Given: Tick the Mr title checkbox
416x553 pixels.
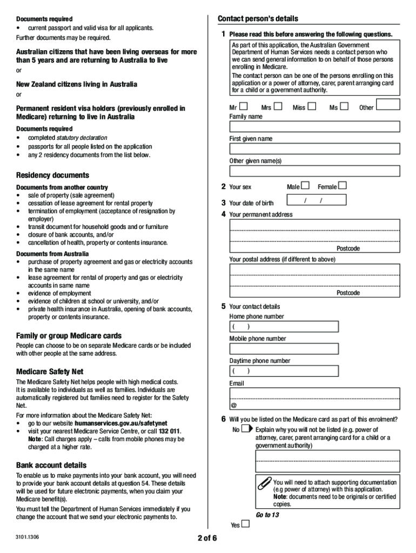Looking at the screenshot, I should click(x=244, y=106).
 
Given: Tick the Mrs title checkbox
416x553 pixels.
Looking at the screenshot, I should click(x=278, y=106).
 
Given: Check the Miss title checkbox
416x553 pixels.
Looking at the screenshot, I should click(x=312, y=106).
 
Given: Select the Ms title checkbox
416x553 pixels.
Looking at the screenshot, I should click(x=344, y=106).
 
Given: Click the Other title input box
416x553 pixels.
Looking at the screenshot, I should click(x=388, y=104).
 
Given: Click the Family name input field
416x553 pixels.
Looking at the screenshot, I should click(x=314, y=126).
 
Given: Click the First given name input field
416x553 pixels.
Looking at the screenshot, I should click(x=314, y=149).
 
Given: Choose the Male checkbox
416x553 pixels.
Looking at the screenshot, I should click(x=306, y=186).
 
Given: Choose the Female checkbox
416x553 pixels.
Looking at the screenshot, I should click(x=342, y=186).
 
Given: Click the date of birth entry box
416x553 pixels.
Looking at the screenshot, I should click(x=316, y=200).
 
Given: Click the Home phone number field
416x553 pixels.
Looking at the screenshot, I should click(x=284, y=327).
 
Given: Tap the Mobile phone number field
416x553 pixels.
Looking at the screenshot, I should click(x=284, y=349).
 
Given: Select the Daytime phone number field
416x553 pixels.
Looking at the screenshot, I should click(x=284, y=371).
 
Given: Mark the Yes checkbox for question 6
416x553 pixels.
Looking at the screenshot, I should click(x=246, y=524).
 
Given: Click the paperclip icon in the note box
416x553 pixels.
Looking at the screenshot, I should click(x=264, y=482).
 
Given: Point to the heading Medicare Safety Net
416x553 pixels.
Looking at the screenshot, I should click(x=50, y=372).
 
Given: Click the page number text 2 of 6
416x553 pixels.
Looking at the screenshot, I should click(x=207, y=538).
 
